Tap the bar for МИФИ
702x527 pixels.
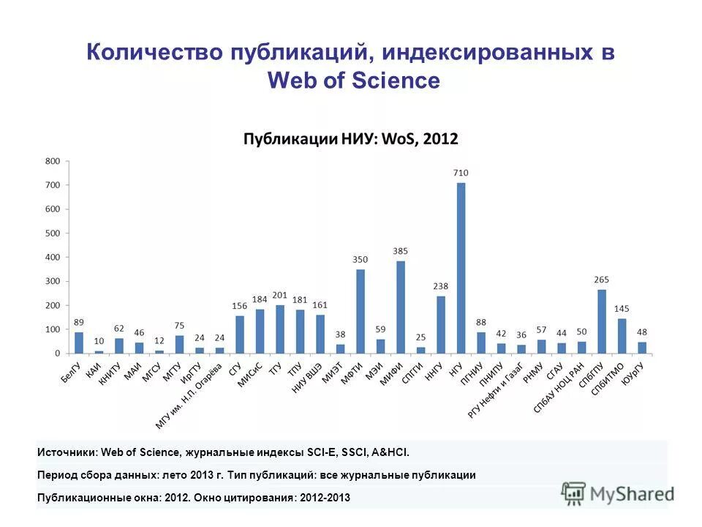click(401, 307)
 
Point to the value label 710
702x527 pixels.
click(461, 173)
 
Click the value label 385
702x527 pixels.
click(401, 251)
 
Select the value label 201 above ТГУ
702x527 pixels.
click(279, 295)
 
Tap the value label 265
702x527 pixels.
click(602, 280)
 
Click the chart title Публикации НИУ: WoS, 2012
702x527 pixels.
click(350, 139)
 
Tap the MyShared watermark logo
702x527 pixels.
click(618, 493)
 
